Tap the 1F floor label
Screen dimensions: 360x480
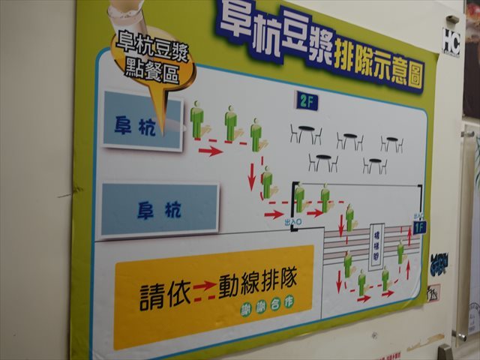(420, 225)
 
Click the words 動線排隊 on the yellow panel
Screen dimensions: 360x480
(258, 284)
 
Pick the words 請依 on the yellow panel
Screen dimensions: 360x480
(164, 295)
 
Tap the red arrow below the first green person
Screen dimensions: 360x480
(211, 151)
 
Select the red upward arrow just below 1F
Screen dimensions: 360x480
(409, 237)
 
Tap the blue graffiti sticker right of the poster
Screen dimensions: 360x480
(439, 264)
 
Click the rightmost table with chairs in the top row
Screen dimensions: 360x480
(391, 142)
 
